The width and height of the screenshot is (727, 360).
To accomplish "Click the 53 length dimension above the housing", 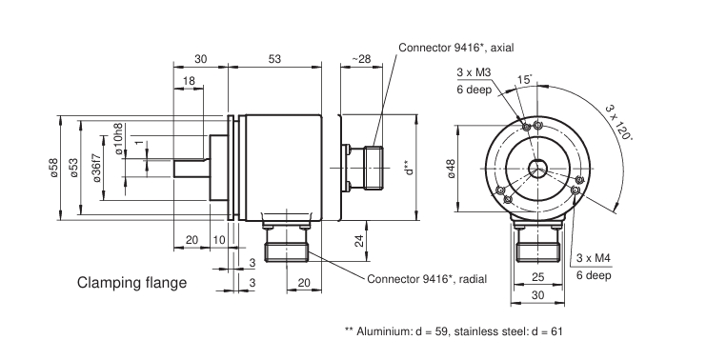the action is pos(274,59).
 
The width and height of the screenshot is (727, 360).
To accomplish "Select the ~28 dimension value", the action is pos(362,59).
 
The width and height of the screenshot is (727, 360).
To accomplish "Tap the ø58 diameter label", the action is pos(54,168).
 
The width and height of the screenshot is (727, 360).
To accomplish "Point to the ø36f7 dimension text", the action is pos(97,168).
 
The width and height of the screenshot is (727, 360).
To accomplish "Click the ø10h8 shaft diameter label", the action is pos(119,138).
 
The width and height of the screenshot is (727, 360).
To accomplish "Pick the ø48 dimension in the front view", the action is pos(451,169).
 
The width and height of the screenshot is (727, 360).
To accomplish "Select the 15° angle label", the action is pos(524,80).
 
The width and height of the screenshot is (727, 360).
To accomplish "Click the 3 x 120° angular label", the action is pos(619,122).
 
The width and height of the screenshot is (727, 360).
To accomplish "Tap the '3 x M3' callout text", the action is pos(474,72).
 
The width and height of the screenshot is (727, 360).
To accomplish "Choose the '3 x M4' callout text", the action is pos(594,258).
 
